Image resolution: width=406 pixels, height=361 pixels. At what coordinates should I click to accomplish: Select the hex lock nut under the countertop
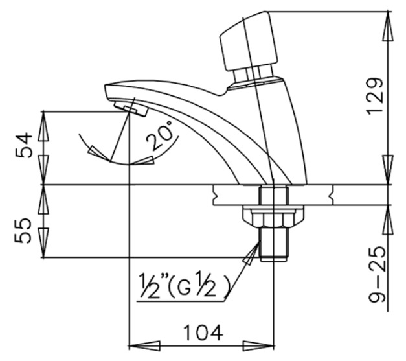[x=266, y=216]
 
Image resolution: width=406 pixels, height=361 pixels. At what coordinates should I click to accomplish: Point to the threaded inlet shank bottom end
[x=272, y=254]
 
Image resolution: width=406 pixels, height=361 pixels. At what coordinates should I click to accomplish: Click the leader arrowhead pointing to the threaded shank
[x=247, y=259]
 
